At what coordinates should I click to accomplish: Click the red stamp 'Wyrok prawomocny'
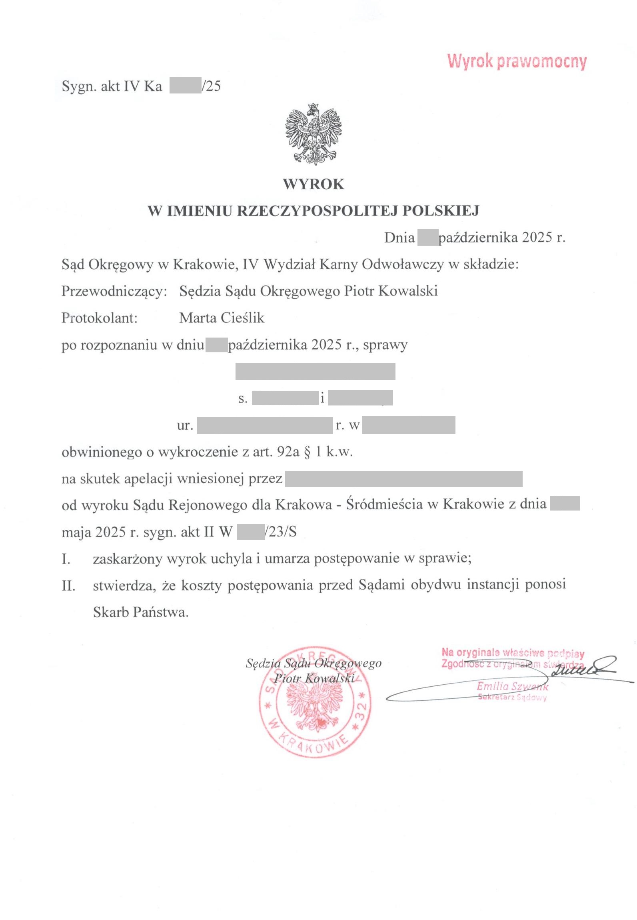517,62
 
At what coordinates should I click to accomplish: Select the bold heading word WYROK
314,184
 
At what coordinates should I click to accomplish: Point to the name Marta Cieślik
222,318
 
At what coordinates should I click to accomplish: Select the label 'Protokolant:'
100,318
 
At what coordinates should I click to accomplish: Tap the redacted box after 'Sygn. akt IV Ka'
185,86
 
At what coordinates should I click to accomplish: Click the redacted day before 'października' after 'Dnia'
427,238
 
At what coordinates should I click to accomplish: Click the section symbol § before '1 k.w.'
307,452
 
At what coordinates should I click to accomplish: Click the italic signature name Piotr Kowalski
314,679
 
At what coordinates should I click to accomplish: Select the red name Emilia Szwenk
512,687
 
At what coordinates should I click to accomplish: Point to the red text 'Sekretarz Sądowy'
512,698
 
